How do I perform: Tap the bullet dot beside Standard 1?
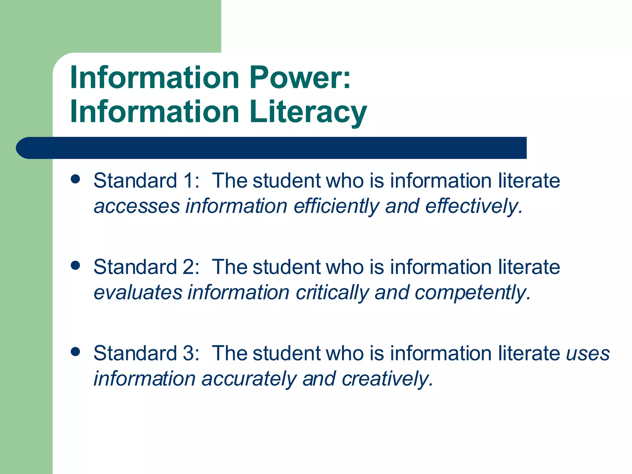pos(75,179)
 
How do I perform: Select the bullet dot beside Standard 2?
pos(75,265)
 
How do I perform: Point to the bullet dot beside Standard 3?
pos(75,351)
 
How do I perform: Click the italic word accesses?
pos(137,206)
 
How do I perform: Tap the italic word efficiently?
pos(336,206)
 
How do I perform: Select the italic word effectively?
pos(474,206)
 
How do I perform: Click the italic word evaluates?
pos(138,293)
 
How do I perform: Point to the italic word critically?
pos(332,293)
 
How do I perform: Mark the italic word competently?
pos(472,293)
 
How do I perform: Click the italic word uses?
pos(588,354)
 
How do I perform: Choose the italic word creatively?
pos(388,379)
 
